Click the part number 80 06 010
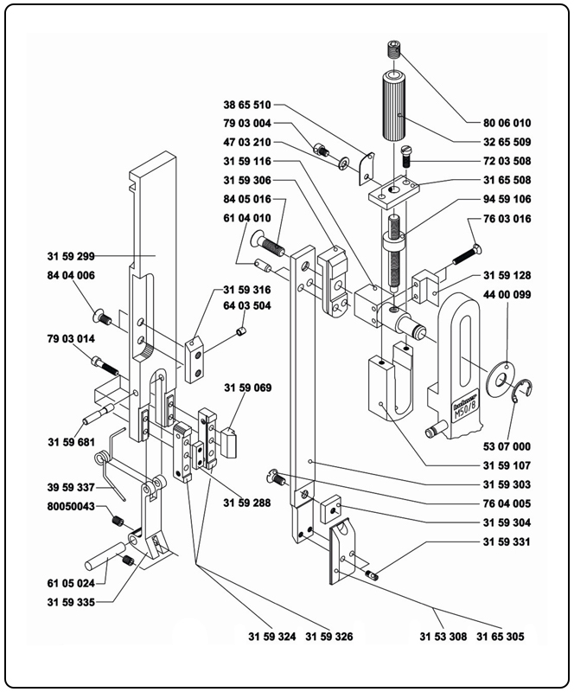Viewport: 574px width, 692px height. point(502,123)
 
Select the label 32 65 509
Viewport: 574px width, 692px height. point(502,142)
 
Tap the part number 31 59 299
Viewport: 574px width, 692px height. point(72,256)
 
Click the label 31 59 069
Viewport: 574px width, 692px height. point(247,388)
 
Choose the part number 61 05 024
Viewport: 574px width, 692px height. point(72,583)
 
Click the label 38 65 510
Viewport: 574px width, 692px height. point(247,104)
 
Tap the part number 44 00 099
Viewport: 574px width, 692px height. point(507,295)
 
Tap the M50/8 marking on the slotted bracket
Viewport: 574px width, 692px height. point(463,411)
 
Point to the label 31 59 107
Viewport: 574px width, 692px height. point(507,465)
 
